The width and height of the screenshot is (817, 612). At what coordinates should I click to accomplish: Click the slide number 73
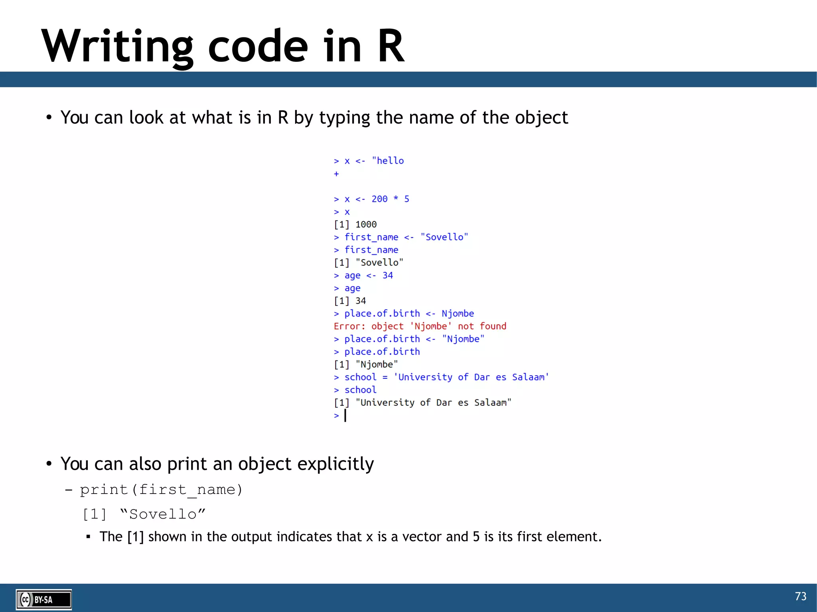800,596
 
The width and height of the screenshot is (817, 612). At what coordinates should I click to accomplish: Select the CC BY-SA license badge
43,599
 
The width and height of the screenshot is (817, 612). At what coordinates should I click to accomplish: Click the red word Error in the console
348,326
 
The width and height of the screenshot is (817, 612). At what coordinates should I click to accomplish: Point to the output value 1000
366,224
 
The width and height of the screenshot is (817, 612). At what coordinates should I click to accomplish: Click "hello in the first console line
388,161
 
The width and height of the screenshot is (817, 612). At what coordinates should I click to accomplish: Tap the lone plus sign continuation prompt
336,174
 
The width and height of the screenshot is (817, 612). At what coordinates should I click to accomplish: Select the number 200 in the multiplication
379,199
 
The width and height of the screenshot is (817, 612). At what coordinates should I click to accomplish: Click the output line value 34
361,301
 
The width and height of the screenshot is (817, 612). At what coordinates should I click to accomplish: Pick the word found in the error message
493,326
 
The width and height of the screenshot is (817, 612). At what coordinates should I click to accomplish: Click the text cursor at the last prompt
345,415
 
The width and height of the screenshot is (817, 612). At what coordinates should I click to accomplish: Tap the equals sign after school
385,377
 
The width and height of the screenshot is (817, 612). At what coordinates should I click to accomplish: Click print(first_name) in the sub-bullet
161,490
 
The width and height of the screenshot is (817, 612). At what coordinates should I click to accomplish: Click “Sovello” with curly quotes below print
163,514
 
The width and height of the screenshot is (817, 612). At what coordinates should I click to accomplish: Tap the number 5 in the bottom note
476,537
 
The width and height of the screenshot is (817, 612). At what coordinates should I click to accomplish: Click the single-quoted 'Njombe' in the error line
431,326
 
